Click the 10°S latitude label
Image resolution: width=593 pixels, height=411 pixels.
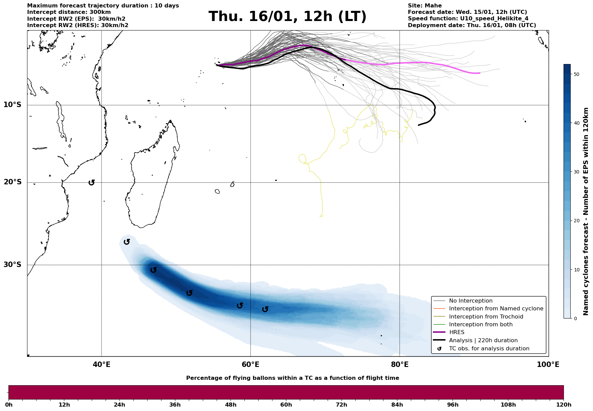pyautogui.click(x=12, y=105)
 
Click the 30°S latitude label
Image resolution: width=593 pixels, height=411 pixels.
pyautogui.click(x=12, y=265)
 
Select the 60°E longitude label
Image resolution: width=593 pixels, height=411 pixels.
pyautogui.click(x=250, y=365)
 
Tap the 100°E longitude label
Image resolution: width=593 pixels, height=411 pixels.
pyautogui.click(x=548, y=365)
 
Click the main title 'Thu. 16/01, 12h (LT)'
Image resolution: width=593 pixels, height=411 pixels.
pyautogui.click(x=287, y=17)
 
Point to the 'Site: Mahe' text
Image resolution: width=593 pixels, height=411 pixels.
pyautogui.click(x=424, y=6)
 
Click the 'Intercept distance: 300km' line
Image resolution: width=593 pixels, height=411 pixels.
pyautogui.click(x=69, y=12)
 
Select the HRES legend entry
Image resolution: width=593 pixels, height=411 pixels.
pyautogui.click(x=457, y=332)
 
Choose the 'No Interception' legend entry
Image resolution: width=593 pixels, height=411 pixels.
pyautogui.click(x=470, y=301)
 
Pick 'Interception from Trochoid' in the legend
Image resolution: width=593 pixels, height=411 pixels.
pyautogui.click(x=486, y=317)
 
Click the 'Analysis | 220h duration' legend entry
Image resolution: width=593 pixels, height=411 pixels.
pyautogui.click(x=483, y=341)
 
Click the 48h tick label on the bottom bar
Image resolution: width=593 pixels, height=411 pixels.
pyautogui.click(x=230, y=405)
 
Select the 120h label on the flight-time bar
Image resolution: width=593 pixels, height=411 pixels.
pyautogui.click(x=564, y=405)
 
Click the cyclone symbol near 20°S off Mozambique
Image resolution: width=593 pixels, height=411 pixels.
pyautogui.click(x=91, y=183)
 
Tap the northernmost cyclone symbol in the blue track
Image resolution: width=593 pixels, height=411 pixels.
pyautogui.click(x=127, y=242)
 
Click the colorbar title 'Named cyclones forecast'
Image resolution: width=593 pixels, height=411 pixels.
pyautogui.click(x=586, y=211)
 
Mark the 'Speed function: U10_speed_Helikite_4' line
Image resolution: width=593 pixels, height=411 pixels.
pyautogui.click(x=468, y=19)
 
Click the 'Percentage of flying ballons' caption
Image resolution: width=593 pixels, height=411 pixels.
pyautogui.click(x=292, y=378)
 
